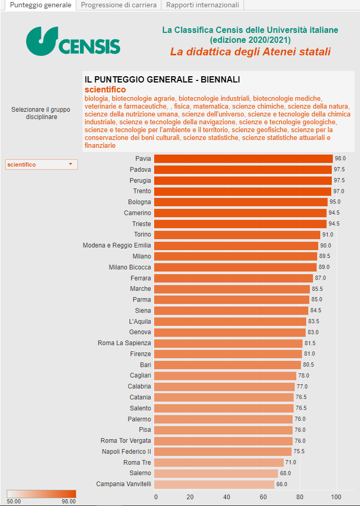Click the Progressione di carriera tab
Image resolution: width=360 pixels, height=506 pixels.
click(x=119, y=5)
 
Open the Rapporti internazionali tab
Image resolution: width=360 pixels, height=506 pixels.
click(x=203, y=5)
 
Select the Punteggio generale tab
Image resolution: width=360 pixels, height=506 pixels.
click(x=38, y=5)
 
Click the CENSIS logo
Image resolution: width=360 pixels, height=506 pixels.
click(x=73, y=41)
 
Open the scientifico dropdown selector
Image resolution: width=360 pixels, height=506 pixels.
click(x=41, y=164)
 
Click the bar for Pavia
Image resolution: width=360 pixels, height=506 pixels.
click(x=243, y=159)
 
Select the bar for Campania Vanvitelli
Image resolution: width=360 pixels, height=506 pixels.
click(x=214, y=484)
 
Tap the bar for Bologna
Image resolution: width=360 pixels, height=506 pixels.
click(x=241, y=202)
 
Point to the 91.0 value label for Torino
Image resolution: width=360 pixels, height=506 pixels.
click(x=328, y=234)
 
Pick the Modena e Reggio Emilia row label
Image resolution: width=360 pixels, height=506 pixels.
click(x=117, y=245)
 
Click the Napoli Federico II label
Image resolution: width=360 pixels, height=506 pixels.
click(x=126, y=452)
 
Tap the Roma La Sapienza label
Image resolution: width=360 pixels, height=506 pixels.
click(x=124, y=343)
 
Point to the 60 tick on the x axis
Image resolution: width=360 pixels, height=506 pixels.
click(x=264, y=497)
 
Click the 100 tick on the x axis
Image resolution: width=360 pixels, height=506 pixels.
click(x=336, y=497)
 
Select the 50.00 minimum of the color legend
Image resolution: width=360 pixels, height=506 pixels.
click(x=14, y=501)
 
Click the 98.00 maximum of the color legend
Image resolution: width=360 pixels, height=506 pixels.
click(x=68, y=501)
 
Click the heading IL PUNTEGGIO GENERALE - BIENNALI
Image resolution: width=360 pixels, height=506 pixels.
click(x=162, y=79)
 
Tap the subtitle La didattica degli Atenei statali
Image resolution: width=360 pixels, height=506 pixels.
click(x=250, y=52)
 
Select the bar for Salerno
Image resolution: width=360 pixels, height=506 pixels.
click(x=216, y=473)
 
